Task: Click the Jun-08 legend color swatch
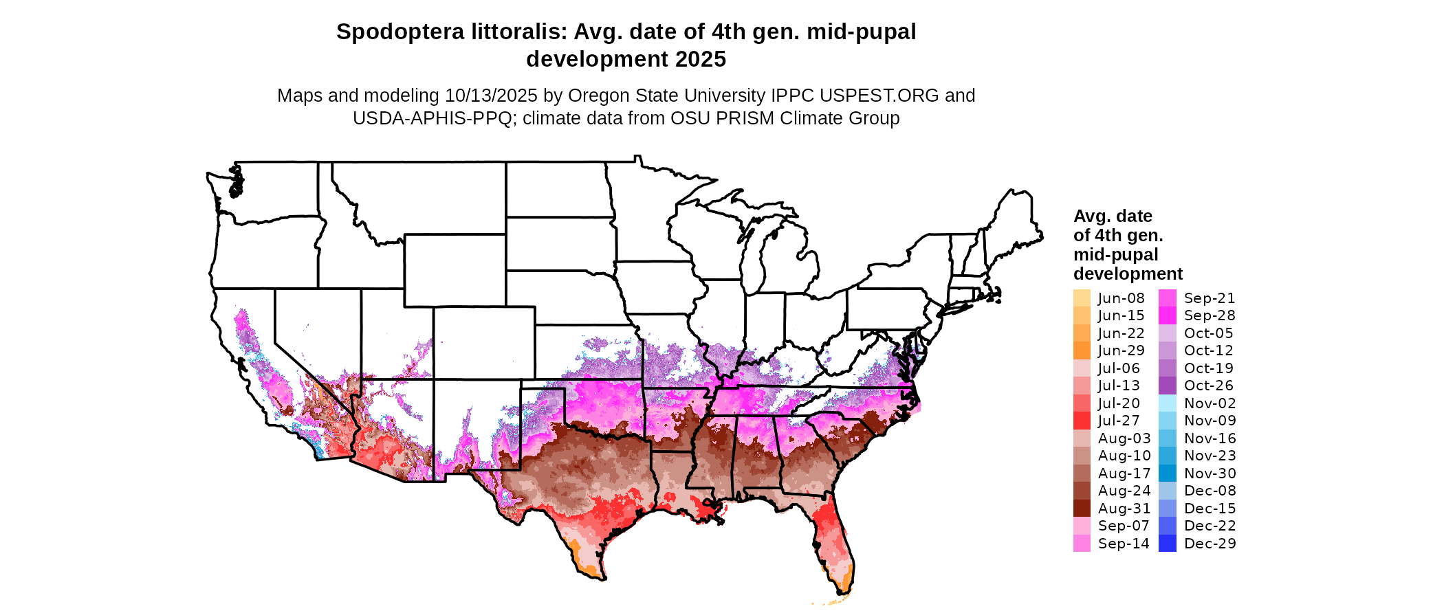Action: click(1082, 298)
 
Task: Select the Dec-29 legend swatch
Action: click(1168, 544)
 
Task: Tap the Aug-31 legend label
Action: click(1124, 509)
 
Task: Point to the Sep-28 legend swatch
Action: click(1168, 315)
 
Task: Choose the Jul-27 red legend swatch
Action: click(1082, 421)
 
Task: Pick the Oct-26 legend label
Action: click(1209, 386)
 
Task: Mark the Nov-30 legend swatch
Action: click(1168, 473)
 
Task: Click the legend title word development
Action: click(1128, 274)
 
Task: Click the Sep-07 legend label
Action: click(1124, 526)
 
